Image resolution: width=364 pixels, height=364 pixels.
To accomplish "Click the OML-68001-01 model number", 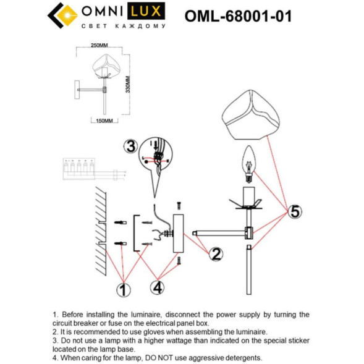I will pyautogui.click(x=238, y=16).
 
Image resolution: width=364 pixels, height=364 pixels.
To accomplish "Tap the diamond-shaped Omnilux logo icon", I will pyautogui.click(x=59, y=16).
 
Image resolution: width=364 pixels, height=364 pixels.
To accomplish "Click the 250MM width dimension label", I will pyautogui.click(x=99, y=45).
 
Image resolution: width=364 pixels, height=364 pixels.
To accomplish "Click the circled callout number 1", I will pyautogui.click(x=124, y=288).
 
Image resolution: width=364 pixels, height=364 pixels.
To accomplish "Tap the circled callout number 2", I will pyautogui.click(x=215, y=253).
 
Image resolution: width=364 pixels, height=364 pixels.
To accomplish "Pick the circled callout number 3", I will pyautogui.click(x=130, y=146).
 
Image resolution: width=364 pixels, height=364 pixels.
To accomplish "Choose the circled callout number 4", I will pyautogui.click(x=158, y=287).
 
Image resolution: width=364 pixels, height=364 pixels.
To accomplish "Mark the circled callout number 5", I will pyautogui.click(x=295, y=211).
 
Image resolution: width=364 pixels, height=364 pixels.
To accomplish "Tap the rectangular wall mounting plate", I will pyautogui.click(x=179, y=233).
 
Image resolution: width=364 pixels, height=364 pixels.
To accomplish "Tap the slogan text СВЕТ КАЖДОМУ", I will pyautogui.click(x=124, y=27).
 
